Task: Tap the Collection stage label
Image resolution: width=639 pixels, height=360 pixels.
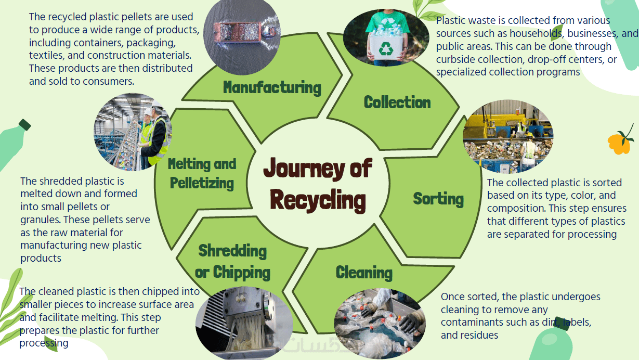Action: click(397, 102)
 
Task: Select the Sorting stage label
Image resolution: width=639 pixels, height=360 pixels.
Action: click(438, 198)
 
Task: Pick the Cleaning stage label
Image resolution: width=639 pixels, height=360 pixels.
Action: click(364, 272)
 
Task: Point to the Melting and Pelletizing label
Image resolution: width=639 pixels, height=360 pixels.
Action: click(202, 174)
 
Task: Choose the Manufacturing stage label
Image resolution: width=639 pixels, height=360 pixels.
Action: click(272, 87)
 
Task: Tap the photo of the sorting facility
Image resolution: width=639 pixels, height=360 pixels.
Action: click(508, 136)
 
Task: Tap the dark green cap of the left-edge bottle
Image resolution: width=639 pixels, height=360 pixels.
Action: click(24, 125)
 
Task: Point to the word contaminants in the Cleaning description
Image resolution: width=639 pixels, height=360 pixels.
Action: click(470, 323)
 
